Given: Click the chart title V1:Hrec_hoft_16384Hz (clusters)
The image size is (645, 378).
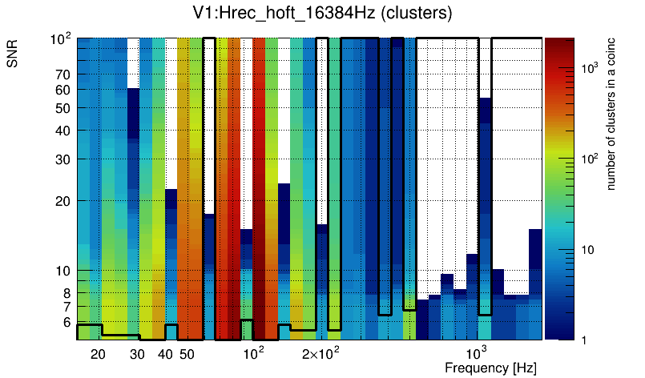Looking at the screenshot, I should coord(322,14).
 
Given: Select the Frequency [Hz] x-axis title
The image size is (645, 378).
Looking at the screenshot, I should coord(490,368).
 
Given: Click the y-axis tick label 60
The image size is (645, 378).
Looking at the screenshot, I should coord(63,90).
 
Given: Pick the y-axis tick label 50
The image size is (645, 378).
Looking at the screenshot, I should coord(63,108).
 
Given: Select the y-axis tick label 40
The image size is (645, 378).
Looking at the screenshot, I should coord(63,131).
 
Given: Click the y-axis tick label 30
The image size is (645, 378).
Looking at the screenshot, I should coord(63,159).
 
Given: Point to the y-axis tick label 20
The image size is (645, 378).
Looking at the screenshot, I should coord(63,200).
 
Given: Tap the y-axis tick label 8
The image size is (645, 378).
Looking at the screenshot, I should coord(67,293).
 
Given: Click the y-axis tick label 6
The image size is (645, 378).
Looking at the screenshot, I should coord(67,322).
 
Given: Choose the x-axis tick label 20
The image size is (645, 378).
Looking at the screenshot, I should coord(98,354).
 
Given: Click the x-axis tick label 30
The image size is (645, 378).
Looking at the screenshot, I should coord(137,354).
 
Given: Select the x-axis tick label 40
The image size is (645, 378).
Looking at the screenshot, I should coord(165,354).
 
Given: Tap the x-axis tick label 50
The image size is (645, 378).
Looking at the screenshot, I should coord(187,354).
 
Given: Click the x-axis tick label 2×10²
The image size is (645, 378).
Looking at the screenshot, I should coord(321,353).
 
